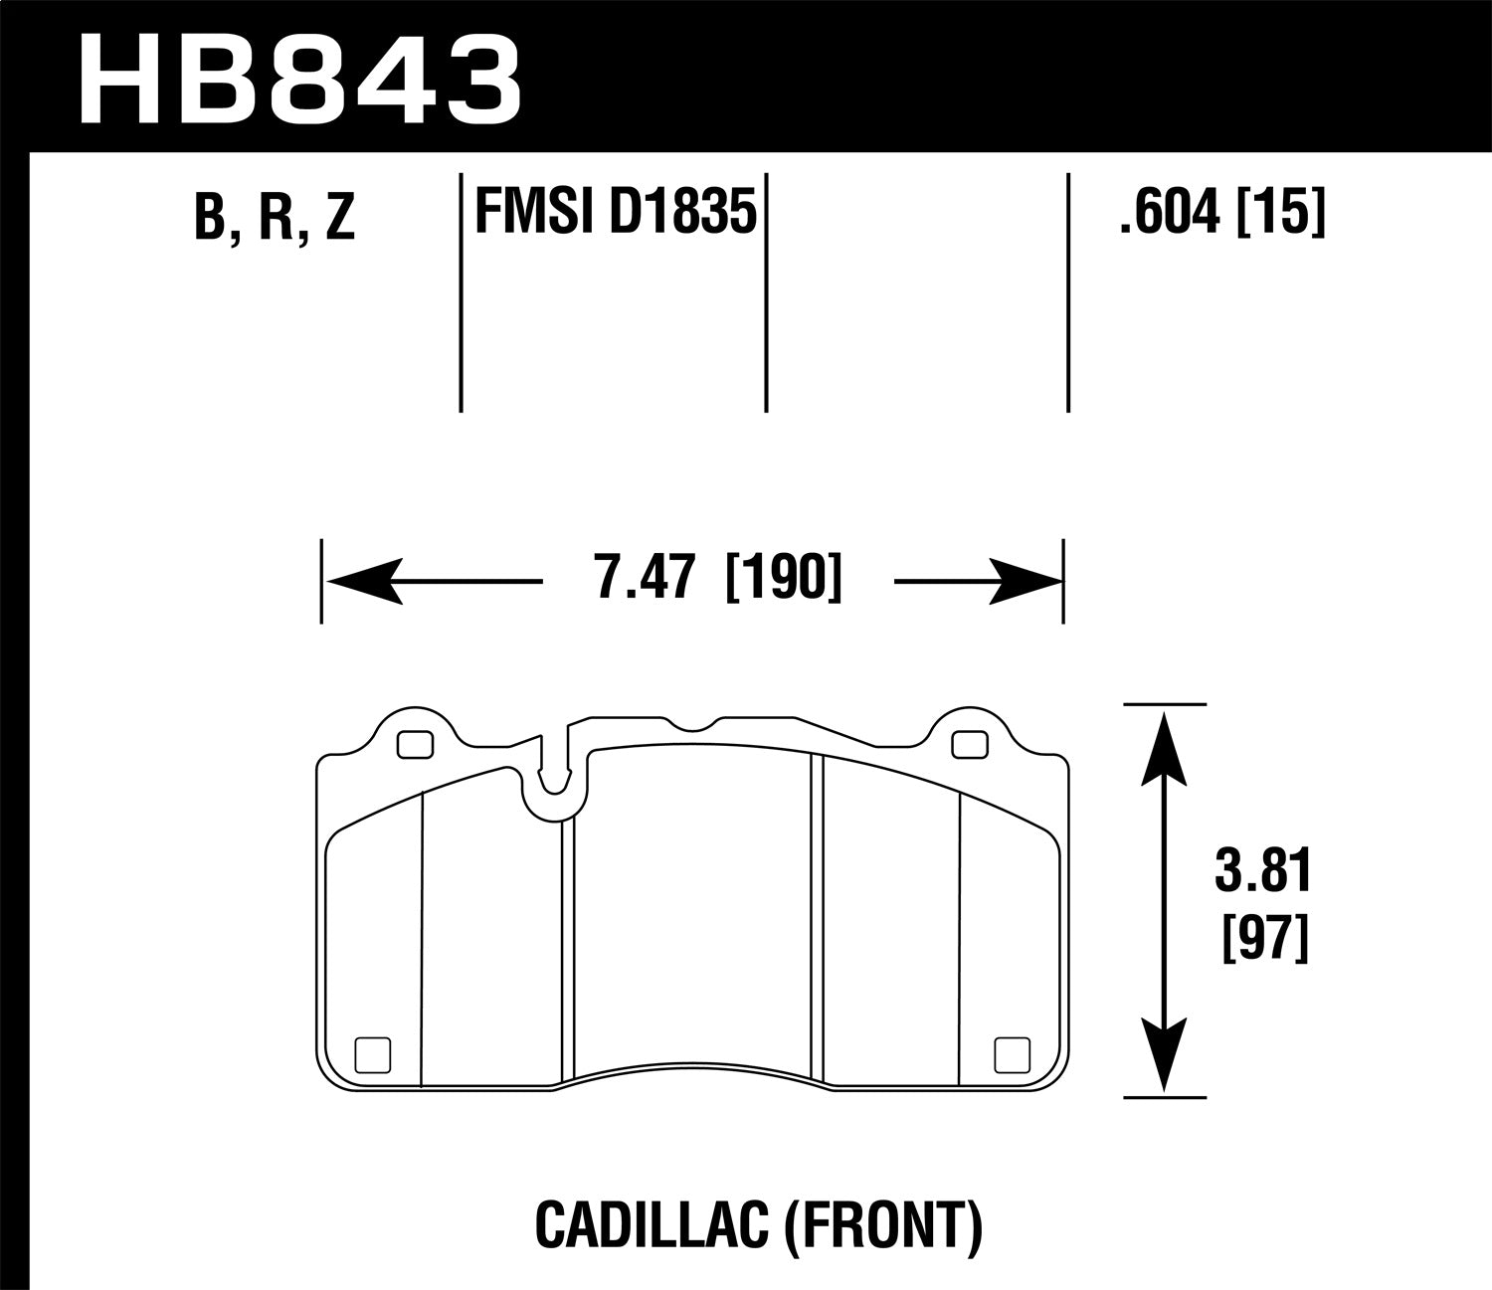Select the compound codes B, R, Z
[x=275, y=216]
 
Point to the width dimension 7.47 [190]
[x=717, y=580]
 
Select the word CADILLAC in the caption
[x=648, y=1225]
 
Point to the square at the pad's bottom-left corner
[x=373, y=1054]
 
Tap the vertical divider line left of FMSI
[x=462, y=293]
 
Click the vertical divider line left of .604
[x=1067, y=293]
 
